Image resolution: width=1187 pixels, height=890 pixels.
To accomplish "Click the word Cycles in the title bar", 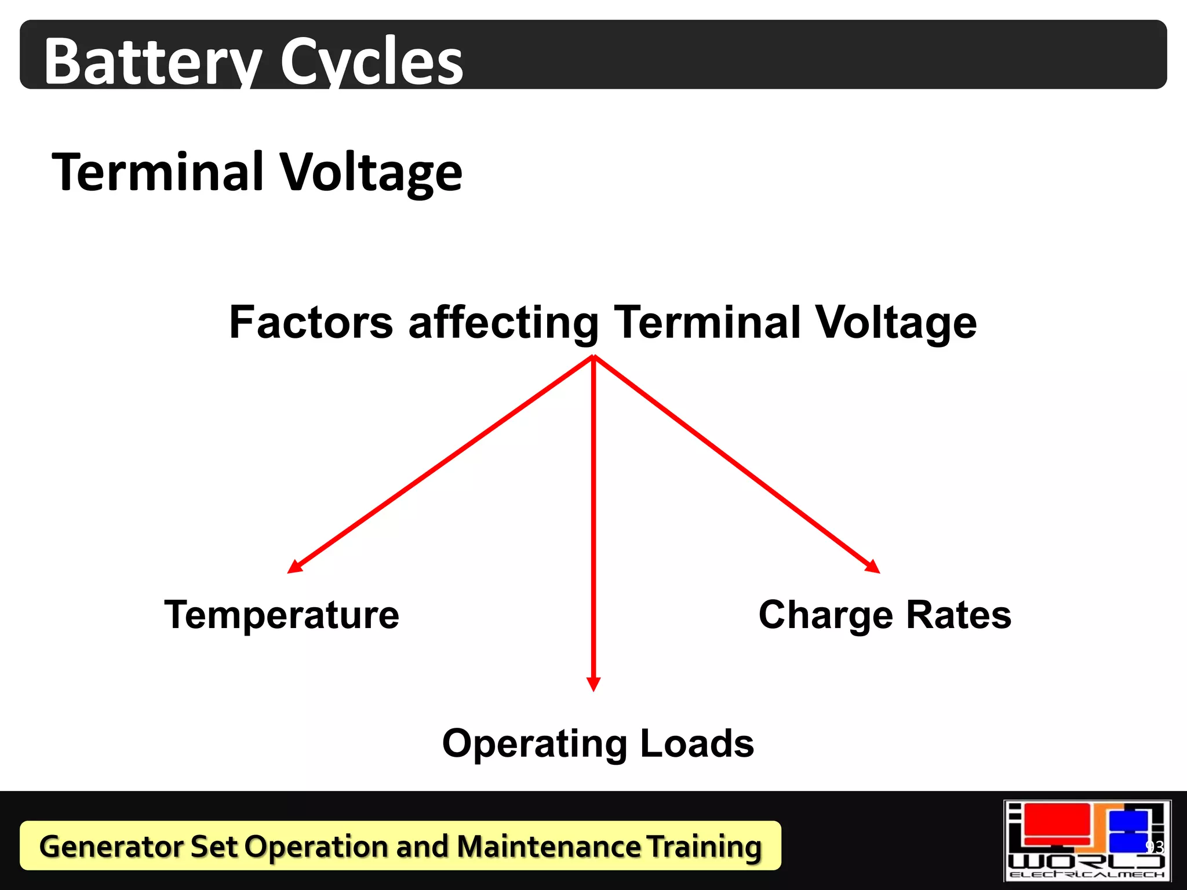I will coord(372,61).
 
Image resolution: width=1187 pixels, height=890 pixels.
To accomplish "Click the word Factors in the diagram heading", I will coord(311,322).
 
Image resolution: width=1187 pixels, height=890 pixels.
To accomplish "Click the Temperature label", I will coord(282,615).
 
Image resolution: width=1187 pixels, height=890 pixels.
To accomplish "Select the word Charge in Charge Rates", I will coord(825,616).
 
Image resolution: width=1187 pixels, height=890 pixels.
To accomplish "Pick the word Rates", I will coord(958,615).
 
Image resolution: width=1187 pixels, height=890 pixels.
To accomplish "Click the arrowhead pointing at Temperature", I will coord(294,567).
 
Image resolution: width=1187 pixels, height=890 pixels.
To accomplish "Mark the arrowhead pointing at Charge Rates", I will coord(873,567).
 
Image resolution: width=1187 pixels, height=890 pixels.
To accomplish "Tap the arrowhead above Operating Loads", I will coord(593,684).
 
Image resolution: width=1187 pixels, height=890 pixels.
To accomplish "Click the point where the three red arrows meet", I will coord(593,357).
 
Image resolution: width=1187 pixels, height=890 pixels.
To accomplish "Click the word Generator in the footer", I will coord(110,847).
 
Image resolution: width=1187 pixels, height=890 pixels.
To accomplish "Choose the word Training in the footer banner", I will coord(704,847).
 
